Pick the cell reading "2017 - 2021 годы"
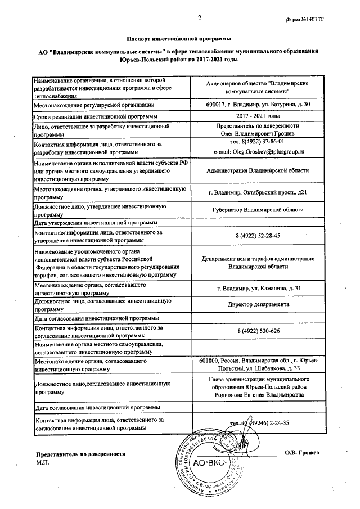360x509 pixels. [257, 116]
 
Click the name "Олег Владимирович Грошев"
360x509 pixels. [257, 134]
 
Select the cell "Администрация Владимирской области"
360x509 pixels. [257, 171]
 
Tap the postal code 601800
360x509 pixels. [210, 360]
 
